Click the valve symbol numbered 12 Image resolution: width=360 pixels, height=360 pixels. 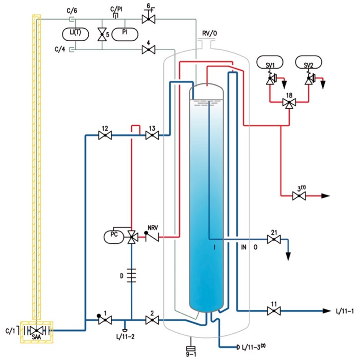tap(105, 136)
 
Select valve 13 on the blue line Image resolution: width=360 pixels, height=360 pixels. tap(152, 136)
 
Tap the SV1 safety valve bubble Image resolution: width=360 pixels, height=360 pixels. tap(270, 62)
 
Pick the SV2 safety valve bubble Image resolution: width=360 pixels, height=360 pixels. tap(308, 62)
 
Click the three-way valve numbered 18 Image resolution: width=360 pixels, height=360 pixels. tap(289, 102)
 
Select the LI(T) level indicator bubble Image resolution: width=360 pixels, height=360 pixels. tap(75, 34)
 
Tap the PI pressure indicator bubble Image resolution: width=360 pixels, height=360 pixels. tap(124, 34)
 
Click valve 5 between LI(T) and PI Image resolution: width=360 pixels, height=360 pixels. tap(102, 34)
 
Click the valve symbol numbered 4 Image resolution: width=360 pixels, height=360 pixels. tap(149, 50)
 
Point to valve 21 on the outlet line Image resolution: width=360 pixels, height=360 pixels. tap(274, 239)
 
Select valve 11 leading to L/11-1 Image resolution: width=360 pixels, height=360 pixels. tap(274, 311)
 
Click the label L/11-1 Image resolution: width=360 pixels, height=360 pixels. tap(345, 311)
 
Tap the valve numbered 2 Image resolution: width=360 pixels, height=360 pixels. tap(152, 320)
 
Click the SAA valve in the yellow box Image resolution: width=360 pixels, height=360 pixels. tap(37, 331)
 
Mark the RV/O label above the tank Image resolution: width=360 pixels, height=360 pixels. tap(209, 33)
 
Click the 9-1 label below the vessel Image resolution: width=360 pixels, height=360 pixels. tap(191, 354)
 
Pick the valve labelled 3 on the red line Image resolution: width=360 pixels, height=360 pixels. tap(299, 196)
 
